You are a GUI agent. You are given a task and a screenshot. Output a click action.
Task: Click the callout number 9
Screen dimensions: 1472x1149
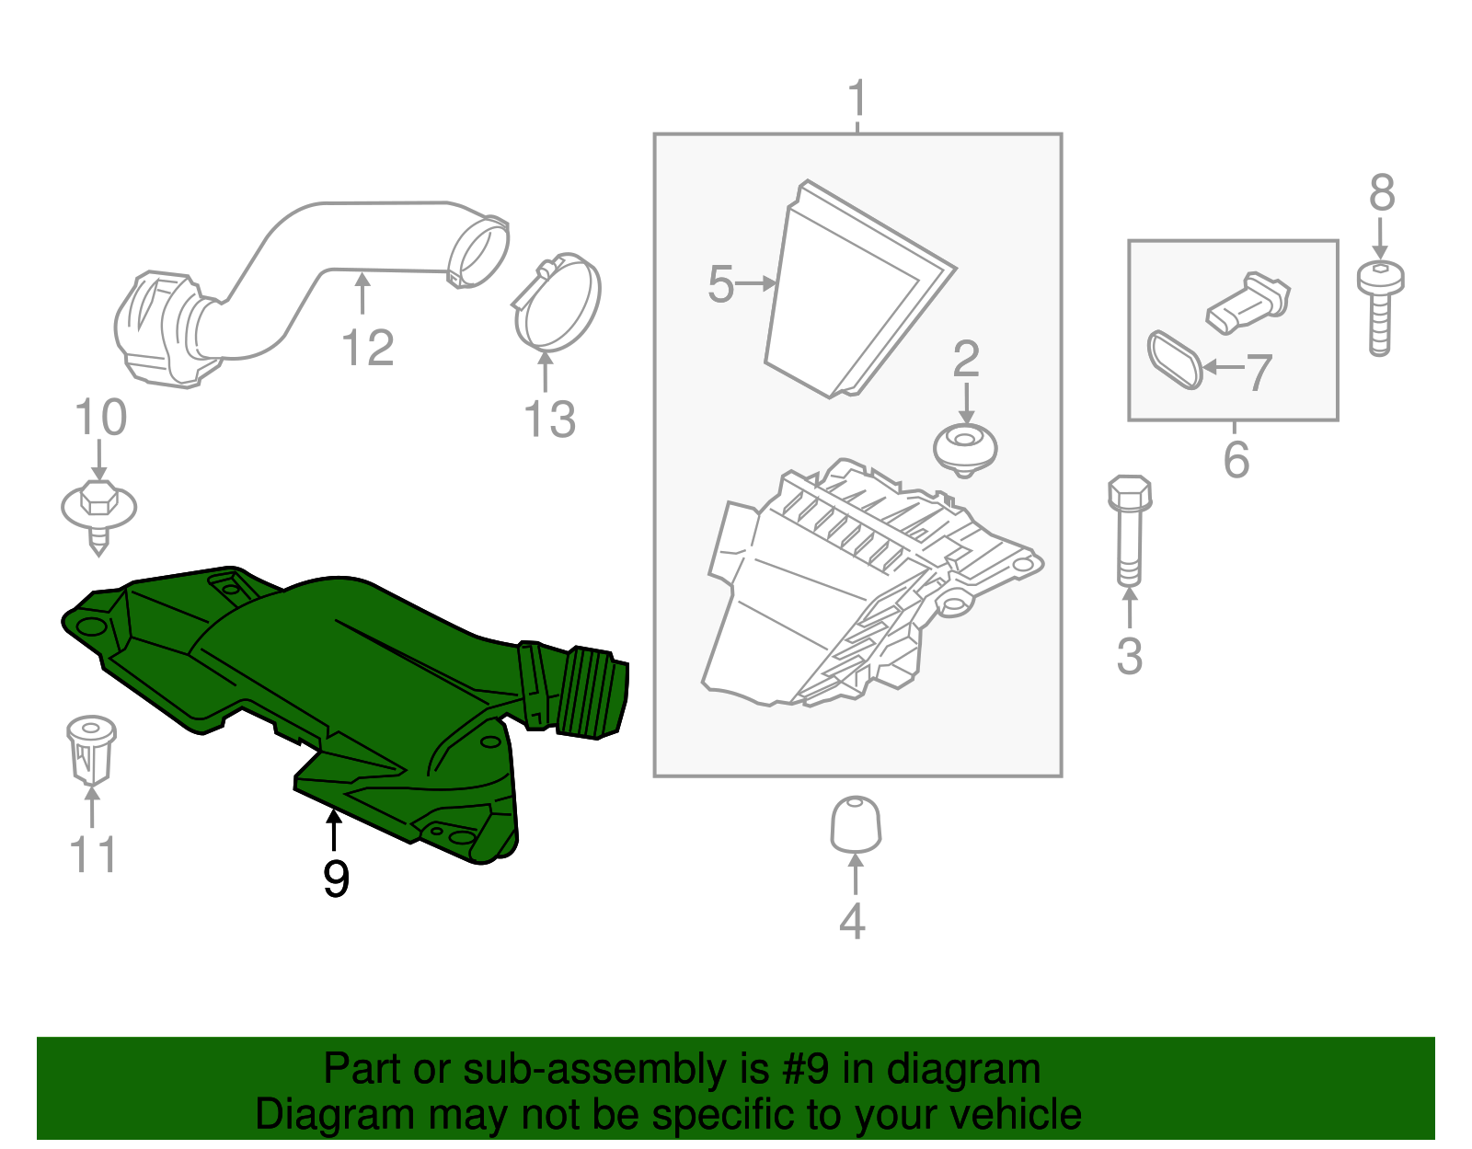[x=336, y=879]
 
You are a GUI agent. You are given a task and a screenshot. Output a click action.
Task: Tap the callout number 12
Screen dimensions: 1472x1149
[x=368, y=348]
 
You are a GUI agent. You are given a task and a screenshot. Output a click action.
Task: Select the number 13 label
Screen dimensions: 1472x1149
[x=549, y=419]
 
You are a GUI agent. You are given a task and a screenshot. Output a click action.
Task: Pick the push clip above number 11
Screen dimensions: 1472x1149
[x=91, y=750]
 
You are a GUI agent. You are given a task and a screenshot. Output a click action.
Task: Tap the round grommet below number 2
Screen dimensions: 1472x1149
[x=965, y=450]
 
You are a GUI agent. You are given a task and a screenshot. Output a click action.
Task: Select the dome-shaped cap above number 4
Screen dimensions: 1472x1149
[x=856, y=823]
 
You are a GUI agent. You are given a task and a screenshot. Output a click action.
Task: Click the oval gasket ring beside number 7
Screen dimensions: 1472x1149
[x=1175, y=360]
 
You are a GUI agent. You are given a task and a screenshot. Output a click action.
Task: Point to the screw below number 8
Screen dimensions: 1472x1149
[x=1381, y=308]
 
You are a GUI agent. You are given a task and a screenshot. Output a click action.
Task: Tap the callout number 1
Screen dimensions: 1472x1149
[x=857, y=98]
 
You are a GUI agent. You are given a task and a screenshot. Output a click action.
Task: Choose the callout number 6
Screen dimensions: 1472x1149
[x=1236, y=459]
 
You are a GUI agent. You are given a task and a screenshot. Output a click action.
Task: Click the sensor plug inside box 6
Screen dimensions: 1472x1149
[x=1248, y=303]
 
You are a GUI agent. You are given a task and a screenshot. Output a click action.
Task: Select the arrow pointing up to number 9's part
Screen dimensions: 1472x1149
[x=333, y=830]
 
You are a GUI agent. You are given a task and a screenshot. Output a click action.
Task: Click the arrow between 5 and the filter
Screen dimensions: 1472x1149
[x=754, y=283]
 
